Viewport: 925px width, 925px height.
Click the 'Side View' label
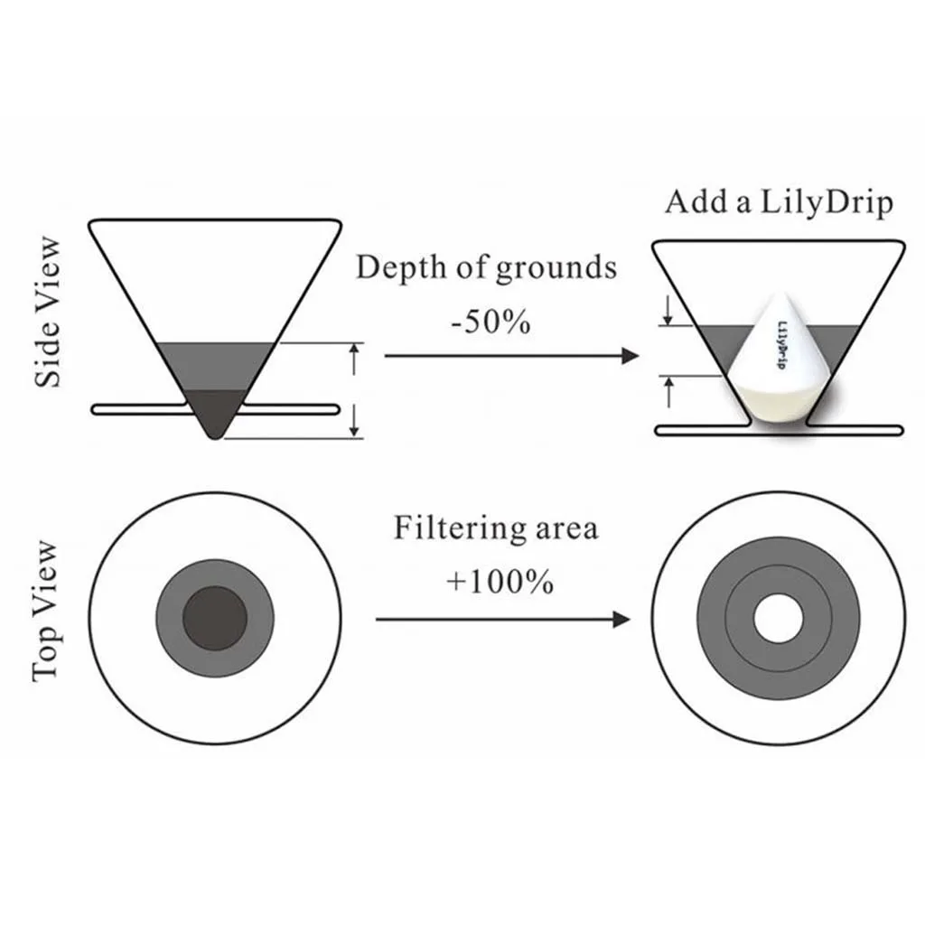click(51, 312)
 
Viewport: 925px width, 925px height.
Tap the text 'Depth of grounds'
click(486, 268)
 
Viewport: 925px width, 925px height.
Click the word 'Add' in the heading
click(695, 201)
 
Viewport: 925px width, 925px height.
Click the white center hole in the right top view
click(778, 619)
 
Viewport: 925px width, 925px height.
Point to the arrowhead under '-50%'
click(631, 357)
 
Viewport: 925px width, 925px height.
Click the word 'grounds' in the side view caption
click(561, 268)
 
